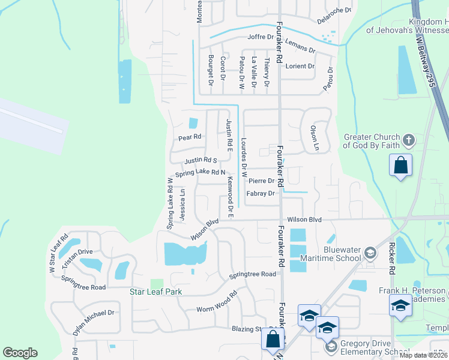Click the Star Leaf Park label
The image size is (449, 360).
click(156, 292)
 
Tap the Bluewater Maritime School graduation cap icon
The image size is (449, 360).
click(370, 253)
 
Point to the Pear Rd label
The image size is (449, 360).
click(188, 137)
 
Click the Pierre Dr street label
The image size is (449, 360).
click(261, 181)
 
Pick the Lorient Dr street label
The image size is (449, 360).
click(300, 66)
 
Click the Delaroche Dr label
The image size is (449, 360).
click(334, 14)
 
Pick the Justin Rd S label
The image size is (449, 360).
click(200, 161)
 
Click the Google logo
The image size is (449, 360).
click(20, 353)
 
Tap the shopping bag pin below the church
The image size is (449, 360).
click(400, 165)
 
